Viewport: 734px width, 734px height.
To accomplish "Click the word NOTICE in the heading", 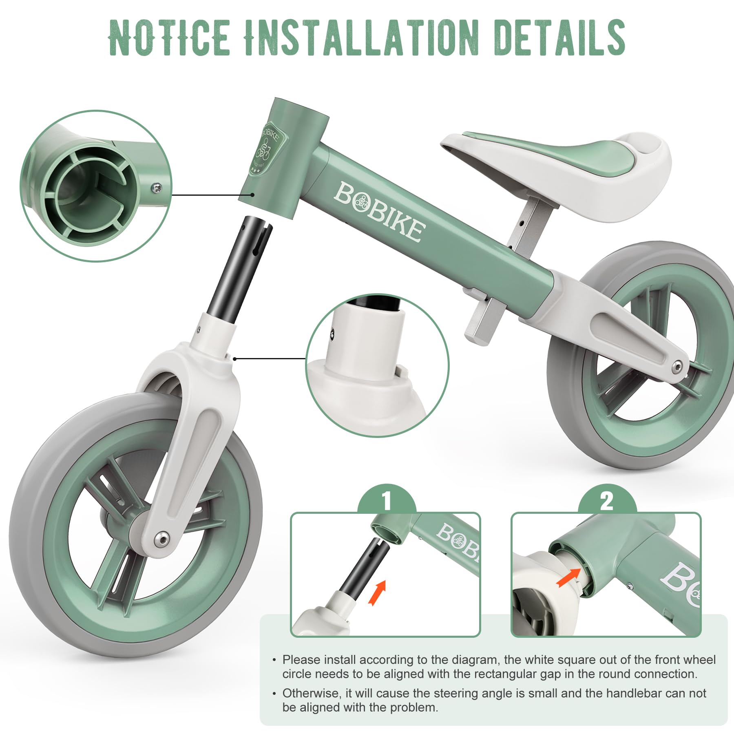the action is [170, 37].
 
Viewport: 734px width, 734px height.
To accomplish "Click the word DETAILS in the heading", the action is [559, 37].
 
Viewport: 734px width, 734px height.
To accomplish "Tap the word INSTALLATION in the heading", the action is [362, 37].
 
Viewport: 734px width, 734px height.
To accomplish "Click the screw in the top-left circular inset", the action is [157, 188].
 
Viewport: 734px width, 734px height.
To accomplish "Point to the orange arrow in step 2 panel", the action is [568, 578].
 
